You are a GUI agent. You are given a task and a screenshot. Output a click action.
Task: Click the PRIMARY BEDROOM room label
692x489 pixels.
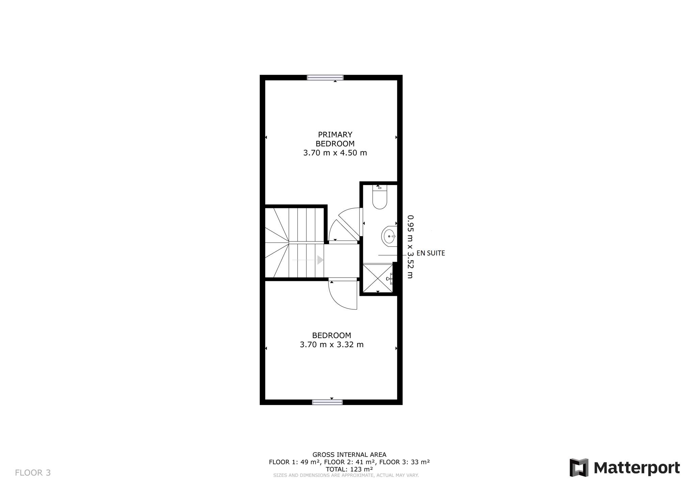[x=335, y=139]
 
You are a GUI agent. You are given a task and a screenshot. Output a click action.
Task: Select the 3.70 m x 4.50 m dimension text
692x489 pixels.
[x=335, y=153]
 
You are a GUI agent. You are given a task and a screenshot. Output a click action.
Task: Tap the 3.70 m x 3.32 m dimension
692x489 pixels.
[x=331, y=344]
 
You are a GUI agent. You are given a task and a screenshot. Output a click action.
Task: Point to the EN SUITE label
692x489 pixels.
[x=430, y=253]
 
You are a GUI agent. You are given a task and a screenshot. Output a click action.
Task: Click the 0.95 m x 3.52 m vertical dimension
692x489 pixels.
[x=410, y=247]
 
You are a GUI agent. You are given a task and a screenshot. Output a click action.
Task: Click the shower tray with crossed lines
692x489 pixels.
[x=378, y=278]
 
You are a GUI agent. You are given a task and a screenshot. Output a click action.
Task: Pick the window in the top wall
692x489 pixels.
[x=325, y=78]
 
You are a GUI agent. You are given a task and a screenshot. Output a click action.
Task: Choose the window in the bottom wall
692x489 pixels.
[x=327, y=402]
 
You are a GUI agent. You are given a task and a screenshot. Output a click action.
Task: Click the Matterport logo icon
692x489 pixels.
[x=579, y=468]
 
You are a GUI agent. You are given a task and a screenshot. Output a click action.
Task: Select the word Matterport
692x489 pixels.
[x=637, y=468]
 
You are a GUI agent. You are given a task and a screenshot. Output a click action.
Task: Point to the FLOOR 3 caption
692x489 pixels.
[x=33, y=473]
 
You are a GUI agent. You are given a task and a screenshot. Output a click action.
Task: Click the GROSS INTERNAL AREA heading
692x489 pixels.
[x=349, y=455]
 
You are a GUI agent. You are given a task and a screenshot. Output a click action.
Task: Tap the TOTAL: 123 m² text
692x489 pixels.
[x=349, y=469]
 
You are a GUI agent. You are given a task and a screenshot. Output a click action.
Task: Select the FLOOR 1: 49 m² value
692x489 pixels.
[x=294, y=462]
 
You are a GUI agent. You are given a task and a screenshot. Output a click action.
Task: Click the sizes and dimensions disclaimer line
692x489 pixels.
[x=346, y=475]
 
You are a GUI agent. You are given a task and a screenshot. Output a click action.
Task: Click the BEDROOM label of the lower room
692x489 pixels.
[x=331, y=335]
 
